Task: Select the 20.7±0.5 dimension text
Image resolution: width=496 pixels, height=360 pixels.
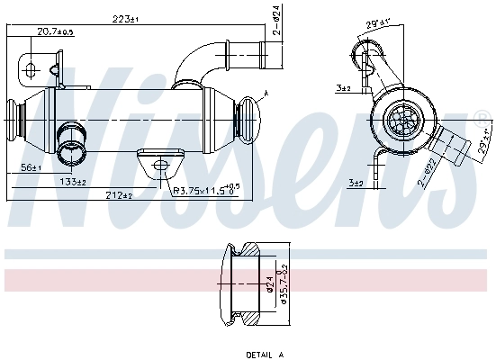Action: (x=55, y=31)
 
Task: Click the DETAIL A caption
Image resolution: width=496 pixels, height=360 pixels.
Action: (x=265, y=355)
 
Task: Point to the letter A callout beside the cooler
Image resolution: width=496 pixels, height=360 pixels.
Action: (x=266, y=94)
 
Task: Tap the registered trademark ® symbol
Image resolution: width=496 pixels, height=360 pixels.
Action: (x=483, y=115)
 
